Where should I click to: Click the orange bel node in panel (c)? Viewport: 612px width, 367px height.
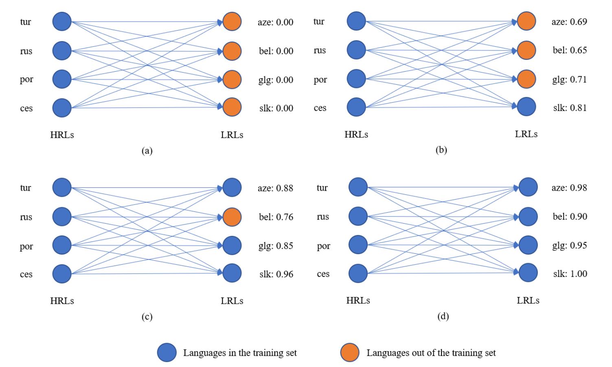click(x=232, y=217)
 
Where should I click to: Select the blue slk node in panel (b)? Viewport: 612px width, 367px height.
click(x=526, y=107)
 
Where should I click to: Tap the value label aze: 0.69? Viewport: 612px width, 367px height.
click(x=569, y=22)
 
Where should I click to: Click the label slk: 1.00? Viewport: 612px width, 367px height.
click(x=570, y=274)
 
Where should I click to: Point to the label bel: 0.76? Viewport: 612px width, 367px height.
click(x=276, y=217)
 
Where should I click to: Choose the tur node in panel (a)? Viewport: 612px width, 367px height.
click(x=62, y=22)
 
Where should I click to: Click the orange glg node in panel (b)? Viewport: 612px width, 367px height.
click(x=526, y=79)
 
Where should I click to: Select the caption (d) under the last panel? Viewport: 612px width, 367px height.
click(x=443, y=316)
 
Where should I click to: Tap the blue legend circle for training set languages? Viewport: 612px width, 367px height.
click(x=167, y=353)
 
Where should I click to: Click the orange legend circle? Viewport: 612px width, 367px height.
click(x=350, y=353)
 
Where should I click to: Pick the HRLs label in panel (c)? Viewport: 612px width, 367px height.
click(x=62, y=301)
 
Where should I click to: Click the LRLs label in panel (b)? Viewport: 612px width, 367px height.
click(x=526, y=134)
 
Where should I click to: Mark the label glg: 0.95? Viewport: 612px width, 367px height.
click(x=570, y=245)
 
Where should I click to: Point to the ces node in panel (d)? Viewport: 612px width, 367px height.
click(x=358, y=273)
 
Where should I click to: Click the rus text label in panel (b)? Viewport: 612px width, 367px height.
click(x=320, y=51)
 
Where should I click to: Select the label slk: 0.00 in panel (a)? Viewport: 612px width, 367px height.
click(x=276, y=108)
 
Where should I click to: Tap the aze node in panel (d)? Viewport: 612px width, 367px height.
click(x=528, y=187)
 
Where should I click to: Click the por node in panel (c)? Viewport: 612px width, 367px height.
click(x=62, y=245)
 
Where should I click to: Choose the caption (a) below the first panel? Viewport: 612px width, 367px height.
click(x=147, y=151)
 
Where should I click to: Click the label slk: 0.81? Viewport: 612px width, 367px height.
click(x=570, y=108)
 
